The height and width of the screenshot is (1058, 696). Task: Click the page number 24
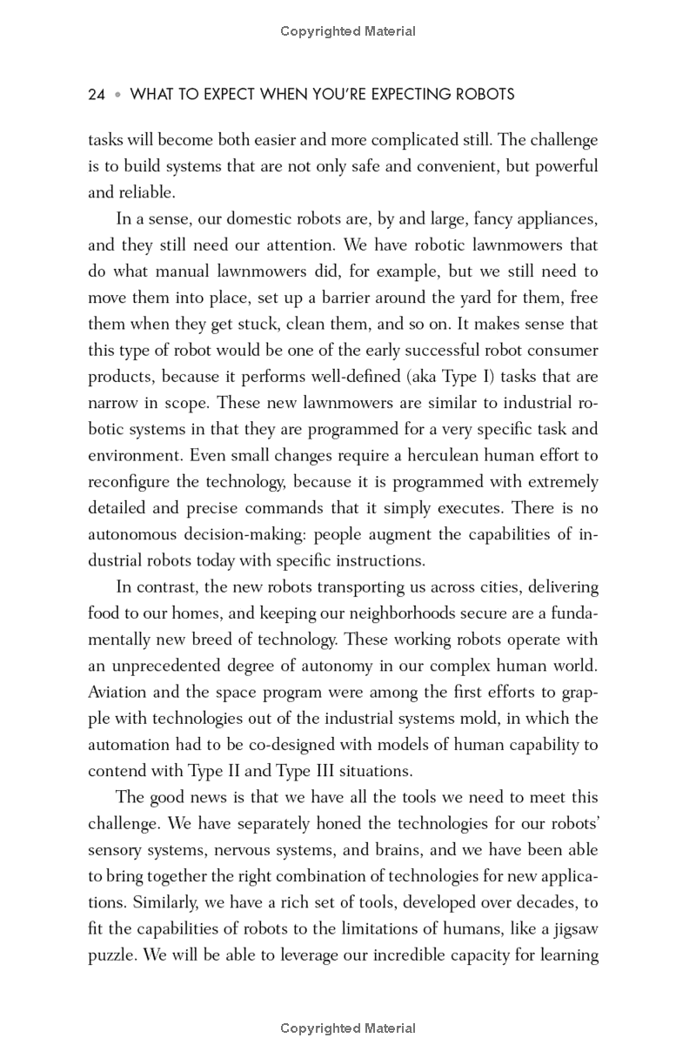click(97, 95)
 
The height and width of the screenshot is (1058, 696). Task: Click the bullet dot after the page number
click(118, 95)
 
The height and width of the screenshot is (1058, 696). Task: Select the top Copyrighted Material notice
click(348, 31)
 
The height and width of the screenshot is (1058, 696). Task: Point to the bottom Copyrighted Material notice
click(348, 1028)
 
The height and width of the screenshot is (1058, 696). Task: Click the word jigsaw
click(571, 928)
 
